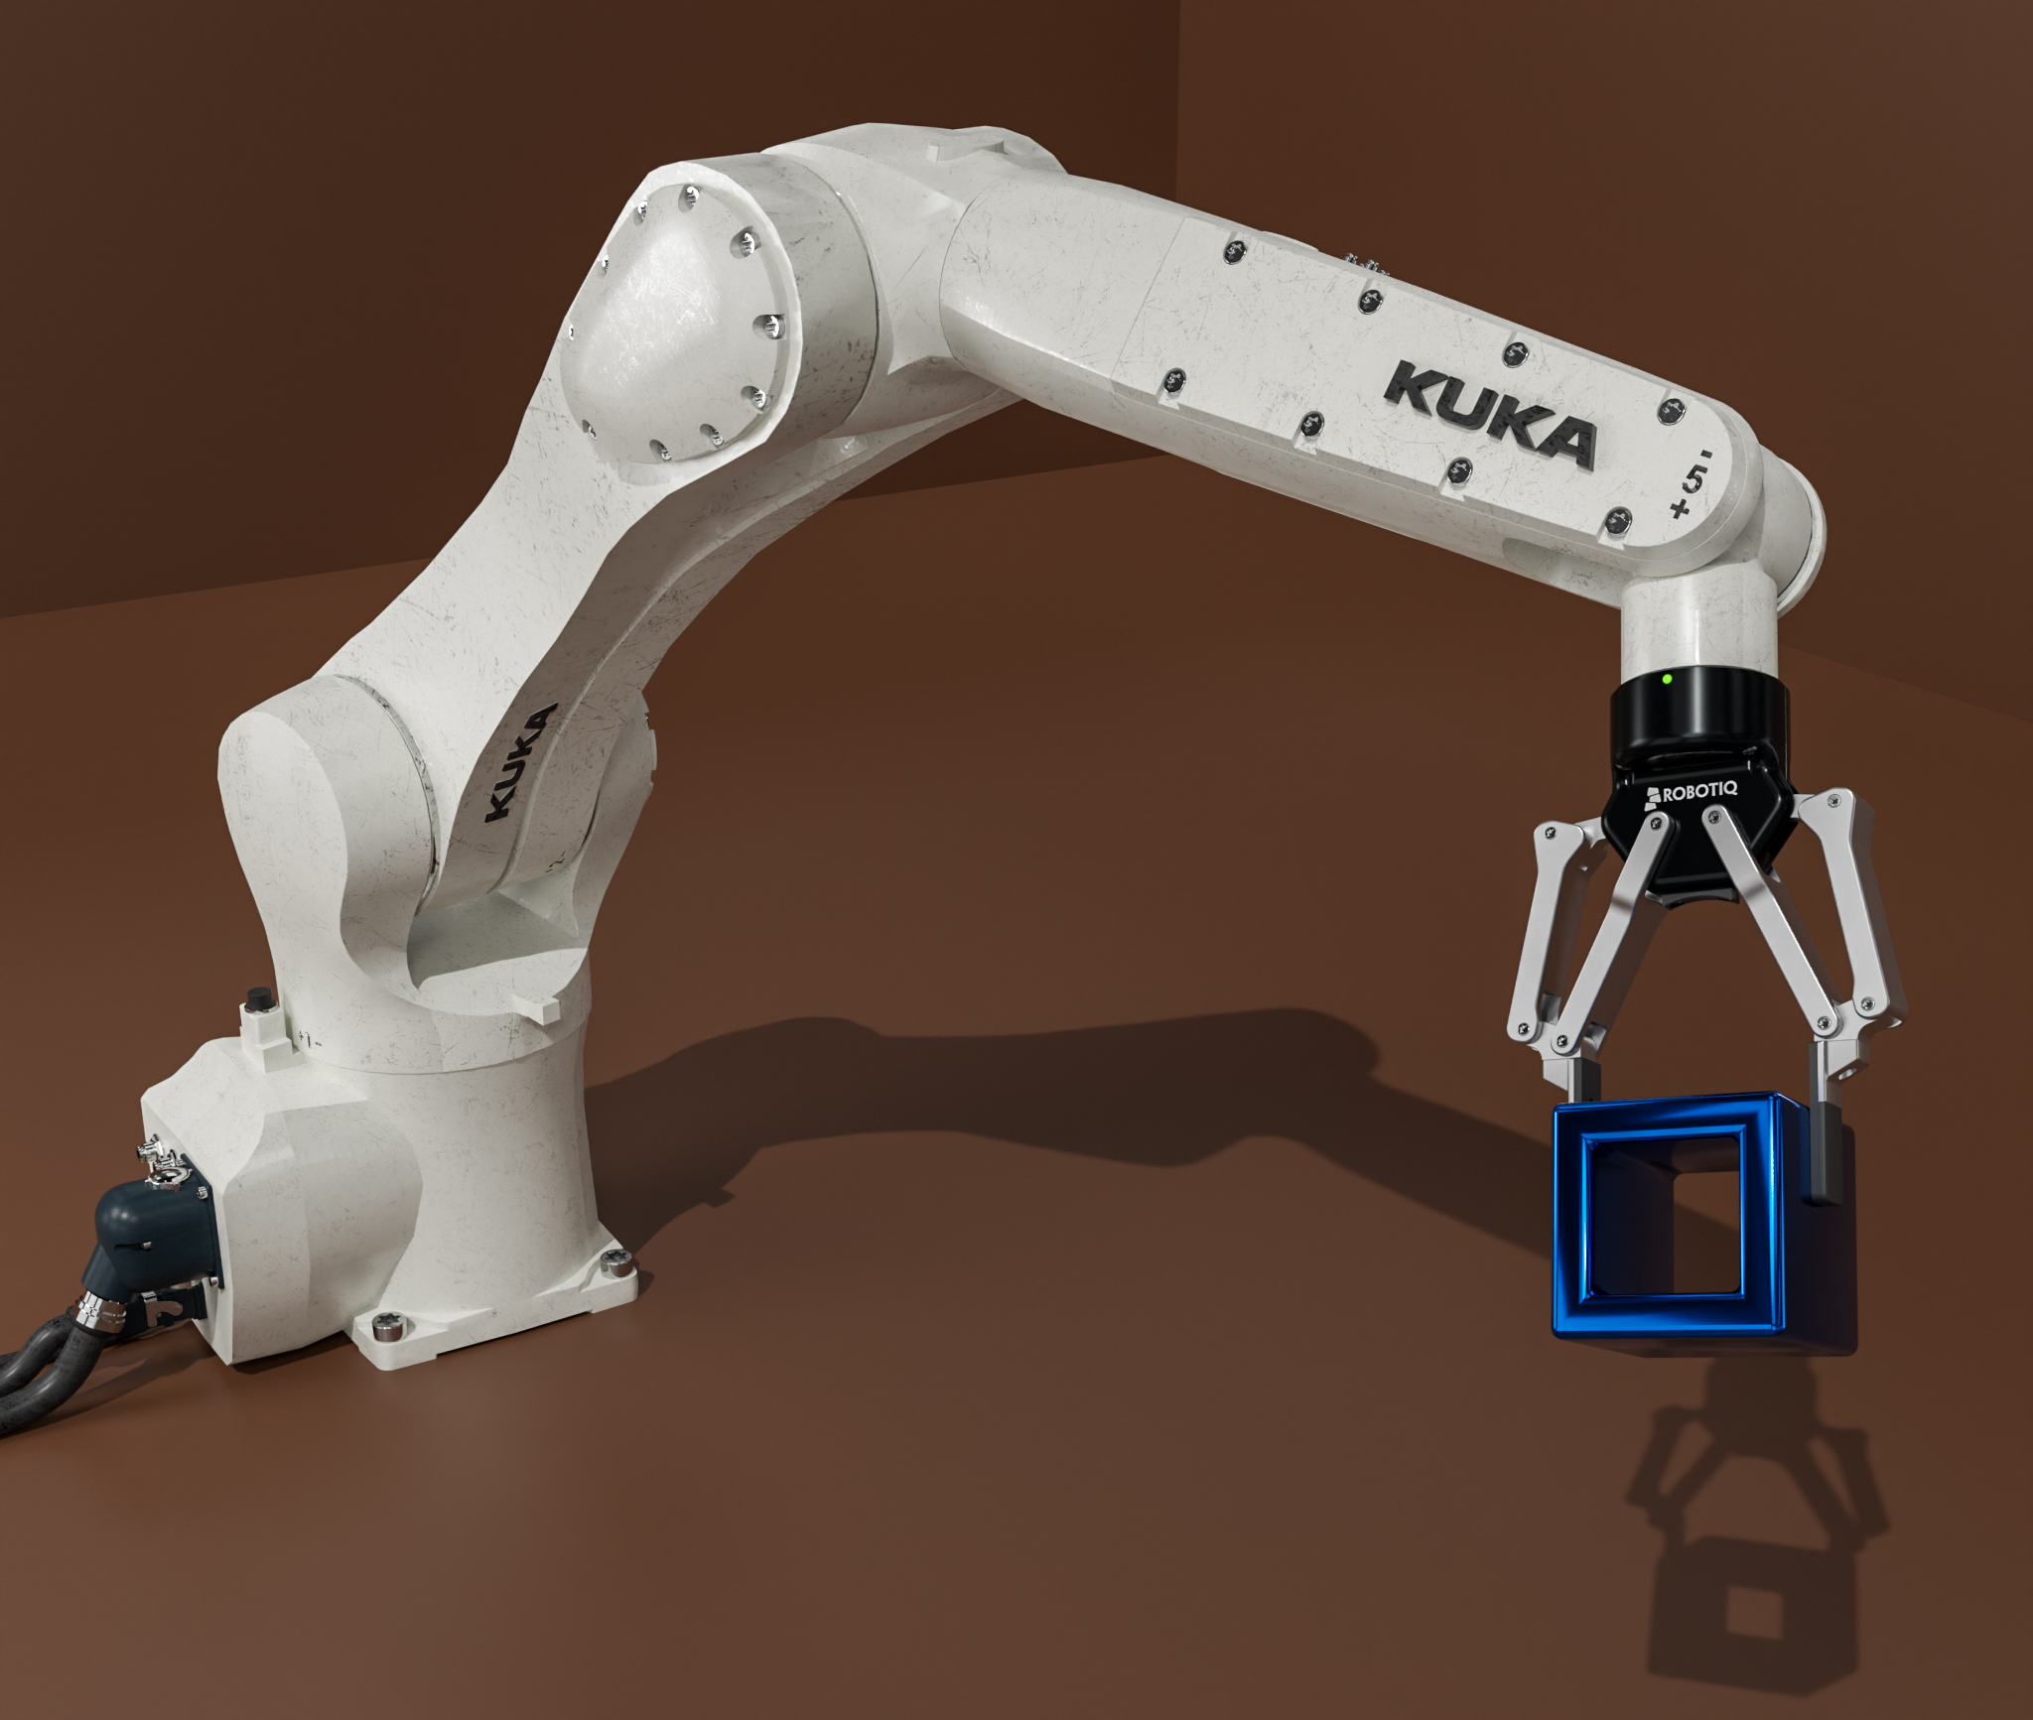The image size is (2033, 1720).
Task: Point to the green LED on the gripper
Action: [x=1667, y=679]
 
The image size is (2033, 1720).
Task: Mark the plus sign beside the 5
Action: [x=1679, y=510]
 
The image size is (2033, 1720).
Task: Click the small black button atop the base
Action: [x=260, y=998]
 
